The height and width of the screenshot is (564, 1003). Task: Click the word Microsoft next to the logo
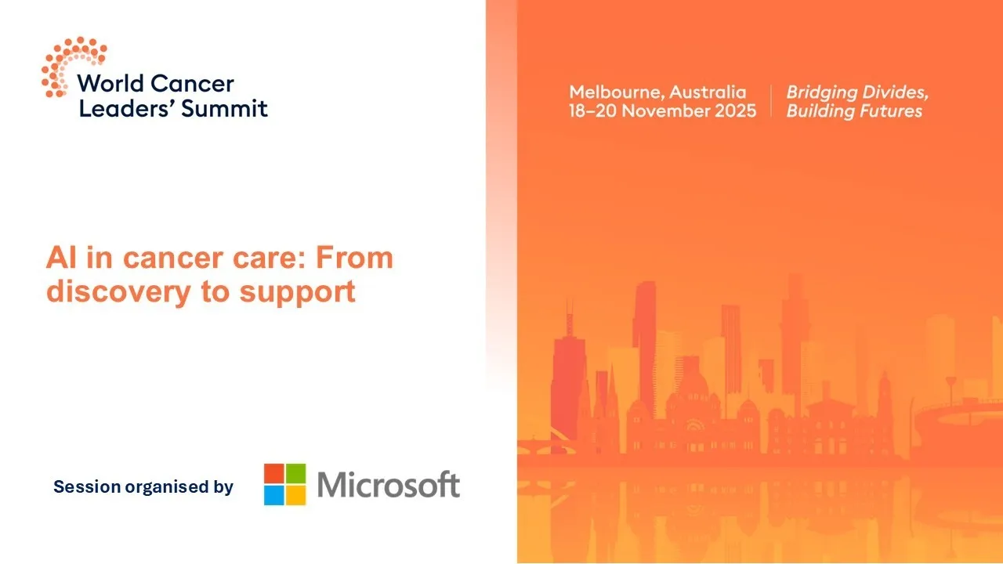(389, 485)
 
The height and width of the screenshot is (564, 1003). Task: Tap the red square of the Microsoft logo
(273, 473)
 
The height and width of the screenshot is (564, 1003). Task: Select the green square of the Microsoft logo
(295, 473)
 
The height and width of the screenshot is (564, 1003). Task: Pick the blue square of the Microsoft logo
(273, 495)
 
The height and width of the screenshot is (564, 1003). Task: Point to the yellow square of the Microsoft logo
(295, 495)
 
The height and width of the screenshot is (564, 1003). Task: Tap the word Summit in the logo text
(224, 108)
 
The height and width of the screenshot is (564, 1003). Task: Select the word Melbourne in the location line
(614, 92)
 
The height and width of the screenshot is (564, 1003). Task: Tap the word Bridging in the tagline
(821, 92)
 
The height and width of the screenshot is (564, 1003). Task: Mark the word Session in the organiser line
(87, 487)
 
